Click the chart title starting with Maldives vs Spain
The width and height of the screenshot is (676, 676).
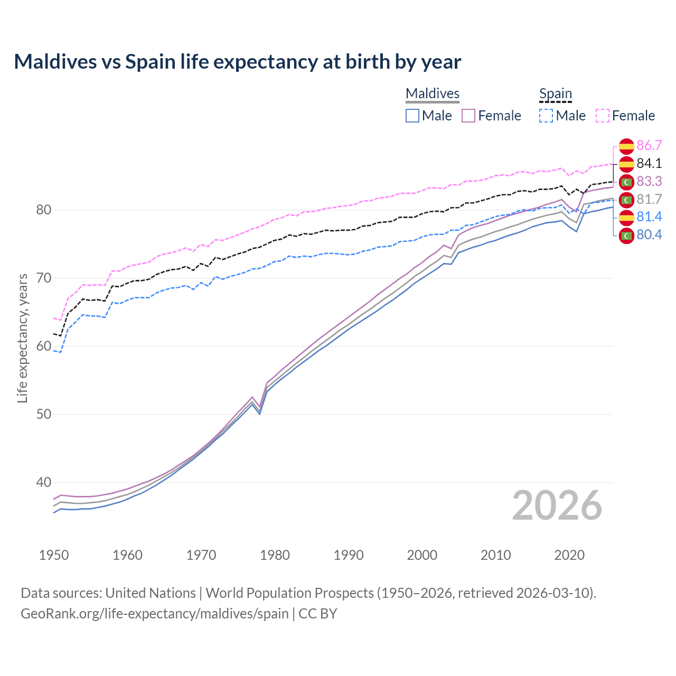click(237, 62)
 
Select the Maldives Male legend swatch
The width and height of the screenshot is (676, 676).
click(412, 116)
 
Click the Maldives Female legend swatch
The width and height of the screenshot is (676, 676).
click(469, 116)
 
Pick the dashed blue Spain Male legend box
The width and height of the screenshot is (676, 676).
click(546, 116)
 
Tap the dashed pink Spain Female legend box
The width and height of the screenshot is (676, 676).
click(603, 116)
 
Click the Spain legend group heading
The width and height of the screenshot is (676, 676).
click(556, 94)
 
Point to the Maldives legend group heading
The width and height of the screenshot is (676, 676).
click(433, 94)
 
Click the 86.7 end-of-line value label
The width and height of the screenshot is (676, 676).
click(649, 146)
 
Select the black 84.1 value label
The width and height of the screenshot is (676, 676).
click(649, 164)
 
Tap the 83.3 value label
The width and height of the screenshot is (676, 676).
click(649, 182)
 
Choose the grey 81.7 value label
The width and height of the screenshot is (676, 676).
click(649, 200)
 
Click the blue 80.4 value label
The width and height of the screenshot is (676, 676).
click(649, 235)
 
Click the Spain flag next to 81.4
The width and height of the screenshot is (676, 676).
click(626, 217)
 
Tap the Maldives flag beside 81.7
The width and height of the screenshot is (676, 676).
click(626, 200)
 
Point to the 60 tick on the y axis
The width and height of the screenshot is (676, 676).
click(44, 346)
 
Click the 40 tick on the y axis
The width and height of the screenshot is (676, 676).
click(44, 483)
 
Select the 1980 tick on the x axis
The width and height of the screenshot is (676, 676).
click(275, 555)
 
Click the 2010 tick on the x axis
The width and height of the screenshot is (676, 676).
click(495, 555)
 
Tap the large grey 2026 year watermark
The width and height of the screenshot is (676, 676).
click(557, 506)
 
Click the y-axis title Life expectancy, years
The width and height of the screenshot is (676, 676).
click(23, 338)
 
